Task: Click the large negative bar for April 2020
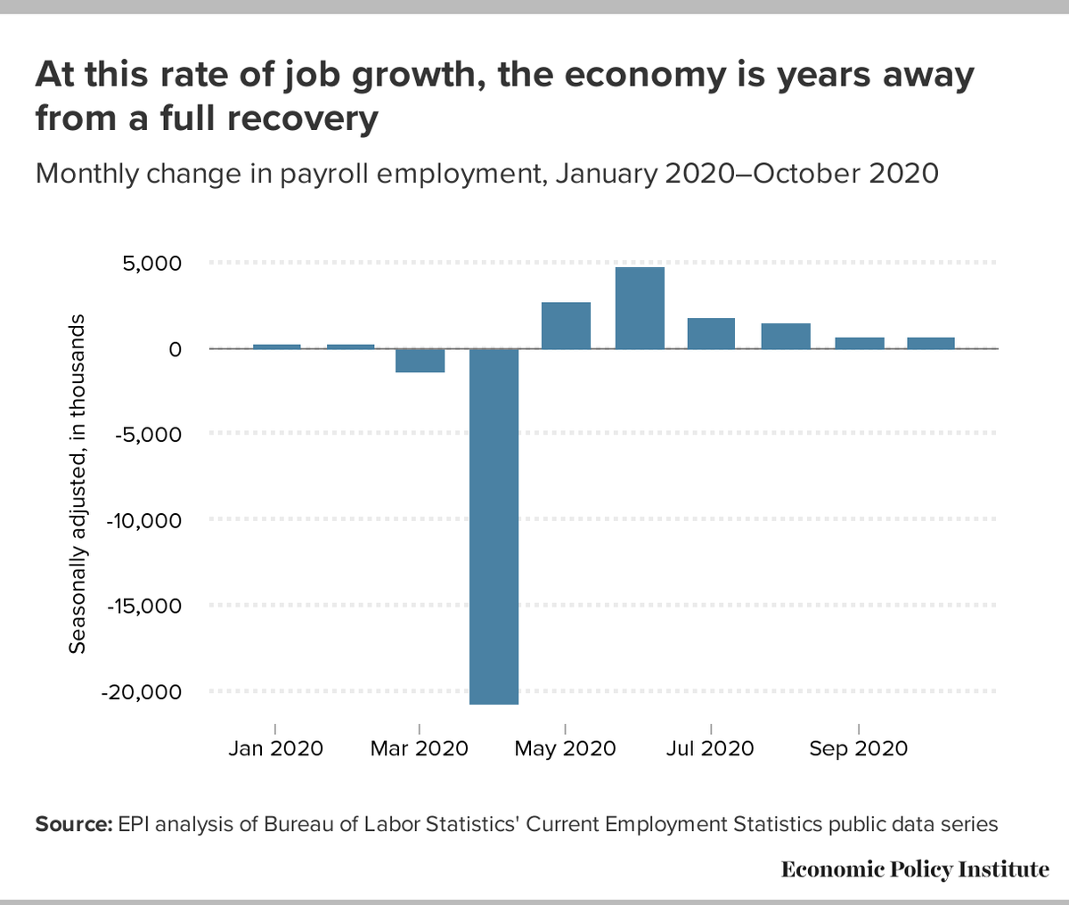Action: click(494, 526)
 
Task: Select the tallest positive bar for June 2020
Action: click(640, 308)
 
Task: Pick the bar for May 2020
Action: click(567, 325)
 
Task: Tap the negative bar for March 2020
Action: click(420, 360)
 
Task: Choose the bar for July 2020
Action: click(711, 333)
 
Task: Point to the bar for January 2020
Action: click(276, 346)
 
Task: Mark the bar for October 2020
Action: click(931, 343)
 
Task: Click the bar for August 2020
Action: click(786, 336)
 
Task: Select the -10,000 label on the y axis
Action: click(144, 520)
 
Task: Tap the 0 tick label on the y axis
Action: click(175, 349)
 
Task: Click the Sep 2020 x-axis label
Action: click(858, 749)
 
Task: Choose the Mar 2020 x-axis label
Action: click(419, 749)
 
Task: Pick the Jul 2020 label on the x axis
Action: click(710, 749)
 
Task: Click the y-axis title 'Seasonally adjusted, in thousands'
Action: click(78, 483)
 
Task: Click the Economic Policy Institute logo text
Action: click(915, 869)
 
